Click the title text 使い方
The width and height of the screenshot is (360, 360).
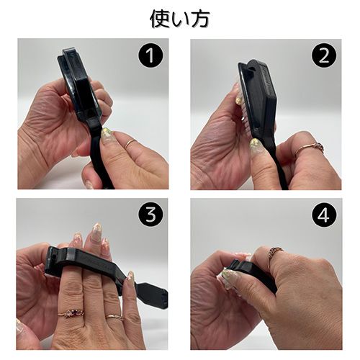(x=180, y=19)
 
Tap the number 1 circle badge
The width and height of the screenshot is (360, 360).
(x=150, y=55)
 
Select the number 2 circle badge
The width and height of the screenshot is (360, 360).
(x=324, y=56)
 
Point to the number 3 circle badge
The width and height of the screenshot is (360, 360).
(x=151, y=215)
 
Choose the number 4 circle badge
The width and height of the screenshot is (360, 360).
(x=324, y=215)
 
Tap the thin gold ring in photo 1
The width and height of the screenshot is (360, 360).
(x=131, y=144)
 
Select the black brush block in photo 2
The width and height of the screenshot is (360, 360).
(x=258, y=96)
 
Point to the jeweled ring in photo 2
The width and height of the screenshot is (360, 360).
(x=311, y=148)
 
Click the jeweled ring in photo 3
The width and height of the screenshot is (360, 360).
(x=71, y=312)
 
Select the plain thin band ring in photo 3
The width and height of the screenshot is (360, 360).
(x=114, y=317)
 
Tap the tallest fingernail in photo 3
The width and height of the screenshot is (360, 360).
(x=96, y=229)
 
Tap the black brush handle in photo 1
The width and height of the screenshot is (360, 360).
(x=101, y=153)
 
